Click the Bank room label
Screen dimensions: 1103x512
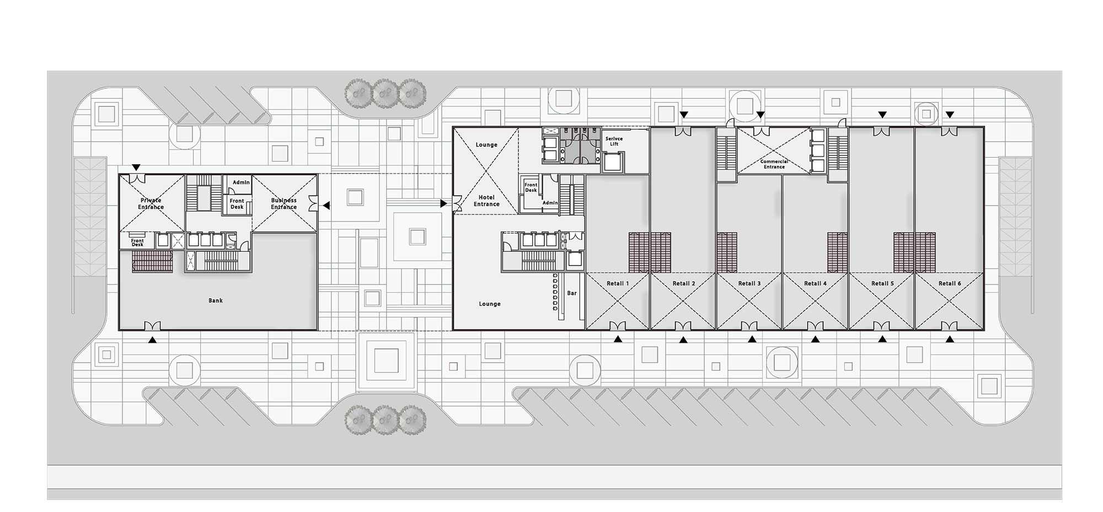pos(216,300)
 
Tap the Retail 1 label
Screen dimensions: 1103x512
pos(618,283)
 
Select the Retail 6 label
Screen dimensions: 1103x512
pos(950,283)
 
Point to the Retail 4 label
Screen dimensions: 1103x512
pos(815,283)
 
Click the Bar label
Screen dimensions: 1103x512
pos(572,293)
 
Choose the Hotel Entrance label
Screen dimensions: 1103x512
pos(486,201)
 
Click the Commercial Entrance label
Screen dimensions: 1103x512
pos(774,164)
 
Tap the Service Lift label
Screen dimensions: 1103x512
pos(614,141)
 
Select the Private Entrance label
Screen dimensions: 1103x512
pos(151,203)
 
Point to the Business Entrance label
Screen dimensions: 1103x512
pos(284,203)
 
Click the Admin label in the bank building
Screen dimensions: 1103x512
pos(241,182)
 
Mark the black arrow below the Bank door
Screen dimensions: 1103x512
pos(153,341)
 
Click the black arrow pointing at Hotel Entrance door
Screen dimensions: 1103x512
pos(444,204)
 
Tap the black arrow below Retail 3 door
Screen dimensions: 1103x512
pos(752,340)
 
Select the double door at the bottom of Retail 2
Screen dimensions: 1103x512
pos(683,325)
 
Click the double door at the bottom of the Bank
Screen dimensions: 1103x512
pos(152,325)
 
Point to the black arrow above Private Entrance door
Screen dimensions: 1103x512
pos(136,168)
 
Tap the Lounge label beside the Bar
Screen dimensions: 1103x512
pos(490,304)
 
